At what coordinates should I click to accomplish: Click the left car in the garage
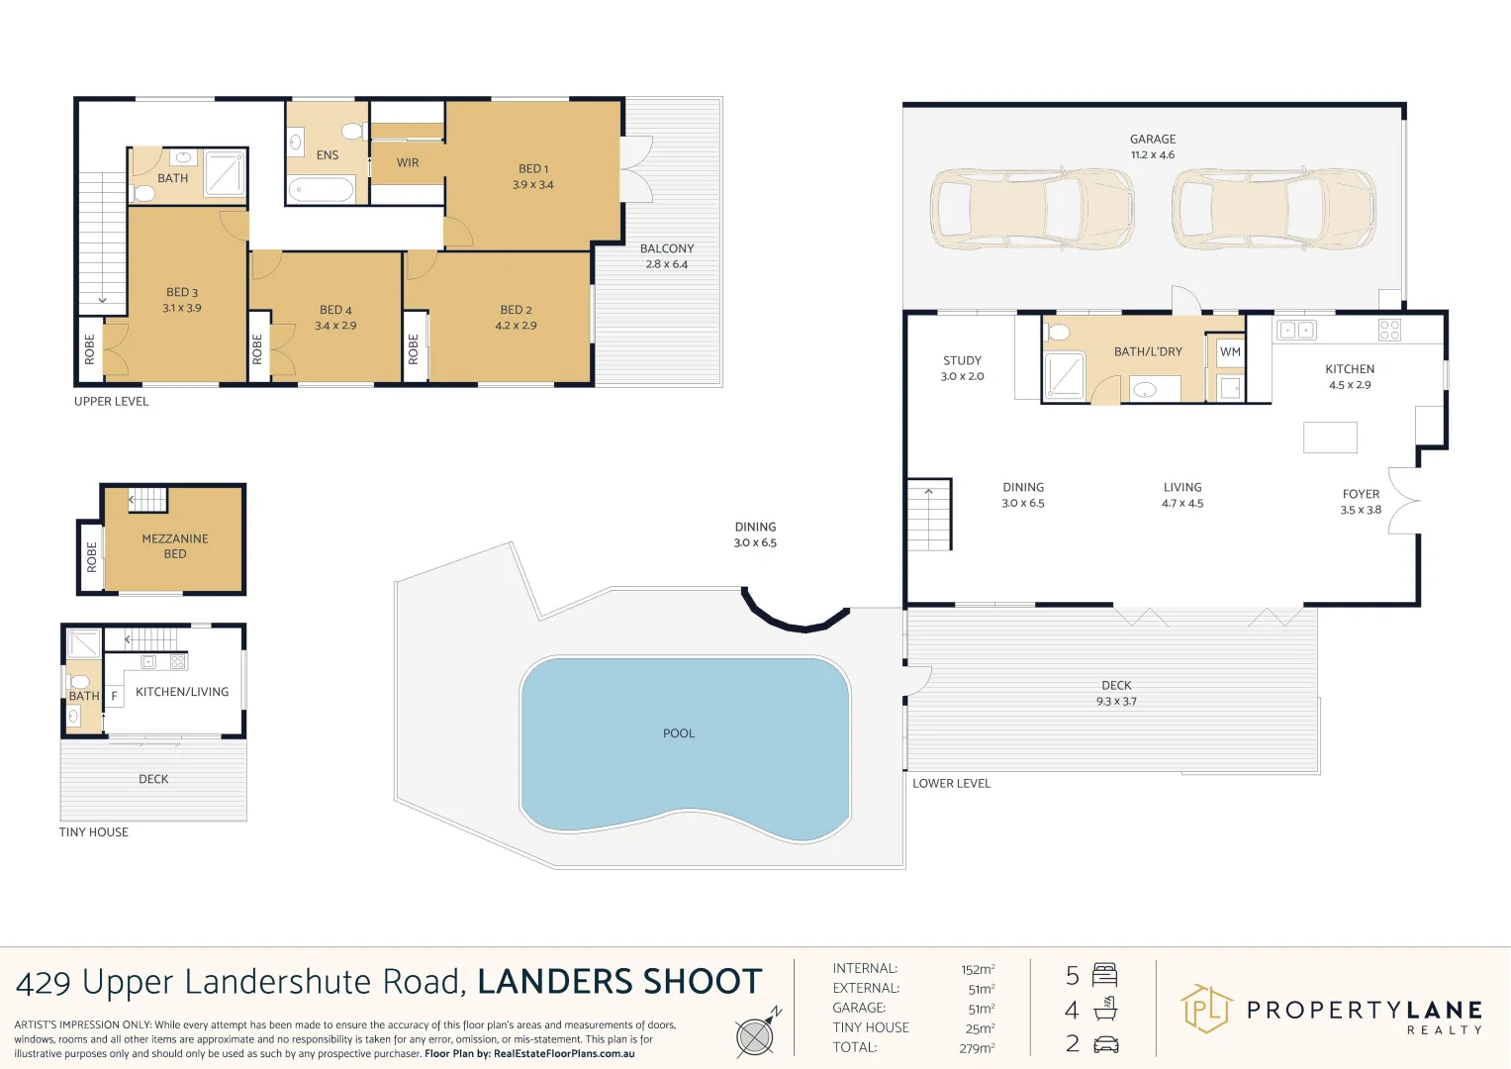[x=1031, y=209]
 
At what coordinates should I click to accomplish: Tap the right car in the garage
[x=1274, y=209]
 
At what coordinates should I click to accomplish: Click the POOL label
[x=679, y=733]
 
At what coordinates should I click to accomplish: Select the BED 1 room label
[x=533, y=169]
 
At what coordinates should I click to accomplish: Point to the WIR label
[x=408, y=163]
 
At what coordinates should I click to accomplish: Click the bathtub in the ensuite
[x=322, y=189]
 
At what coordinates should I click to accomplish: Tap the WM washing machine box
[x=1230, y=352]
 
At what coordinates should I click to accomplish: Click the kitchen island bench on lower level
[x=1330, y=437]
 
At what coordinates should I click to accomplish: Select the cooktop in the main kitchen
[x=1389, y=331]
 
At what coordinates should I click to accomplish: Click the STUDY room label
[x=962, y=361]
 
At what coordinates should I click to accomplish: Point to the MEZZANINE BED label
[x=175, y=546]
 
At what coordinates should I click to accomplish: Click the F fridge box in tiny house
[x=114, y=697]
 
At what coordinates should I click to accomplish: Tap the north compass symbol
[x=756, y=1035]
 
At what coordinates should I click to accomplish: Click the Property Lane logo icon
[x=1206, y=1010]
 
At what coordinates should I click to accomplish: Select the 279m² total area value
[x=977, y=1048]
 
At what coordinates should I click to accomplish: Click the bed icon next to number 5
[x=1104, y=976]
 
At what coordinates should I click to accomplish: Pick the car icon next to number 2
[x=1105, y=1044]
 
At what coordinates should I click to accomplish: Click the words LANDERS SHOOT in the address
[x=619, y=982]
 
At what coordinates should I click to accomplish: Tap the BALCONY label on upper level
[x=667, y=249]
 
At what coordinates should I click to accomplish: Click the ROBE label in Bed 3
[x=90, y=348]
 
